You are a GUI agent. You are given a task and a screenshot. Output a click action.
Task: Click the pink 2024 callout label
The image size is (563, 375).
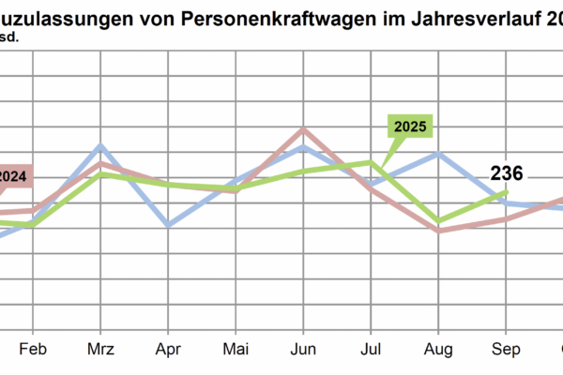[x=12, y=175]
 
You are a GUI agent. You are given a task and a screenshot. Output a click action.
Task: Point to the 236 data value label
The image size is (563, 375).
[x=507, y=172]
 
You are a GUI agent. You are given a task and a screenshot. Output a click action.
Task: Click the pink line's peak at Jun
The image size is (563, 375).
[x=303, y=129]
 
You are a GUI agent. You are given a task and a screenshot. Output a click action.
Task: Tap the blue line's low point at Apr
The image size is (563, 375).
[x=168, y=225]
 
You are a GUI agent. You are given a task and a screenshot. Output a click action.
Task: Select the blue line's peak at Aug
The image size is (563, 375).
[x=438, y=153]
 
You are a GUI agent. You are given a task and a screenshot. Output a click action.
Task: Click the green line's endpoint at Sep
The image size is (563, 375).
[x=507, y=192]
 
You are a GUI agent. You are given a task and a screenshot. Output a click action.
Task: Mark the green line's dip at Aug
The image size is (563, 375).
[x=438, y=221]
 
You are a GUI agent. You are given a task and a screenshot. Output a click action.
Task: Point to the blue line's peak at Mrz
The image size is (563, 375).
[x=100, y=146]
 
